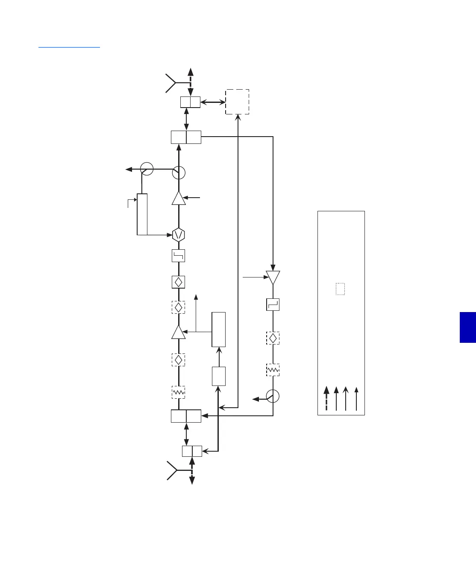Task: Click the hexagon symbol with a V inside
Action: [x=179, y=235]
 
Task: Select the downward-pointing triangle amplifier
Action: [x=273, y=277]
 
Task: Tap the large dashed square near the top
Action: [x=237, y=102]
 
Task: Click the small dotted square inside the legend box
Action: [x=340, y=289]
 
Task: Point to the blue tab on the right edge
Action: [x=468, y=327]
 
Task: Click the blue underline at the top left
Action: [x=69, y=47]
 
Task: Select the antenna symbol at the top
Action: [x=171, y=83]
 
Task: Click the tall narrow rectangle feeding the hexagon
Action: [x=142, y=214]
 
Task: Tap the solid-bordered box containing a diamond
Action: [x=179, y=282]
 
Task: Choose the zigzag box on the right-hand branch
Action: [x=273, y=370]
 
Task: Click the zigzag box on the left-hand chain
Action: [x=179, y=392]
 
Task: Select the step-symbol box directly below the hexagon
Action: [x=179, y=256]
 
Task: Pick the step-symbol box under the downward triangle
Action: [x=273, y=304]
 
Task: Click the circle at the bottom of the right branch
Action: [x=273, y=396]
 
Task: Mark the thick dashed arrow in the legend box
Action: [x=326, y=398]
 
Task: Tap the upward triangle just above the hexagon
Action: [x=179, y=198]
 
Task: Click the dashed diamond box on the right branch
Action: [x=273, y=339]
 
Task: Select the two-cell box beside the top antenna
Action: [x=190, y=102]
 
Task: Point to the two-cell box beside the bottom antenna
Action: [x=192, y=451]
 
